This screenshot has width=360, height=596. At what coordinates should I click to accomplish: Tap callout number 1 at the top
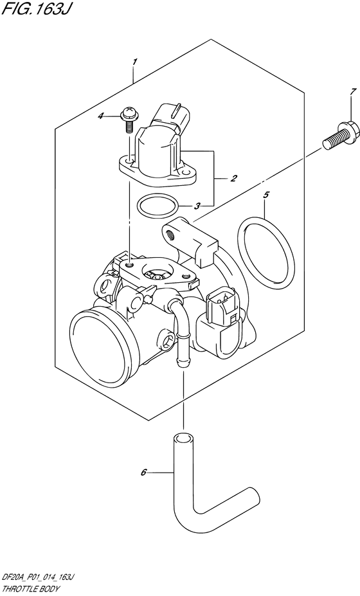coord(134,62)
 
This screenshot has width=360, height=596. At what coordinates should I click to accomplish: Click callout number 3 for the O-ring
coord(197,206)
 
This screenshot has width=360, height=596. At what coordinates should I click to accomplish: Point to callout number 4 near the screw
coord(118,116)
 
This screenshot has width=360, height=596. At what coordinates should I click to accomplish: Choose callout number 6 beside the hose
coord(144,473)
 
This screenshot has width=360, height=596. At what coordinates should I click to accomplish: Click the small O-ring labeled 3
coord(157,207)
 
